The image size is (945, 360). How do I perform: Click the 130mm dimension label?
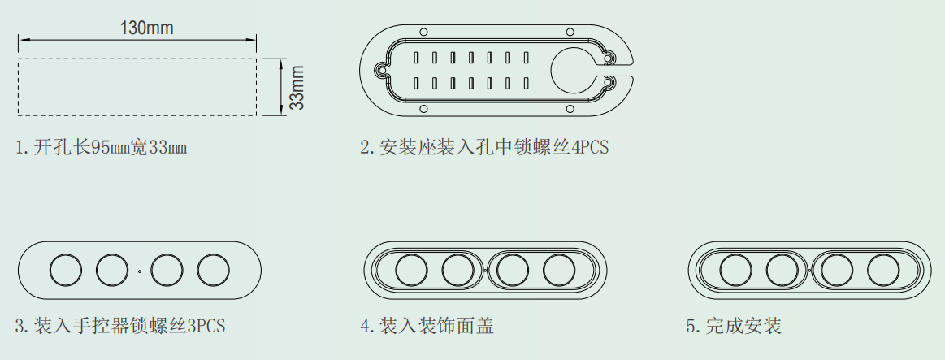pos(146,28)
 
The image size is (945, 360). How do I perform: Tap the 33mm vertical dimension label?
pos(297,87)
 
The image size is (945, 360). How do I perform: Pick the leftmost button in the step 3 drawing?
pos(66,270)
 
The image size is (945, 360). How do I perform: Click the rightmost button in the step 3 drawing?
pos(214,270)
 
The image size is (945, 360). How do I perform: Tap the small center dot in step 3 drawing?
pos(140,270)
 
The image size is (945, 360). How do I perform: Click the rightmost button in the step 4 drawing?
pos(559,269)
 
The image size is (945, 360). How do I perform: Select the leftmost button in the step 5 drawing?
pos(735,269)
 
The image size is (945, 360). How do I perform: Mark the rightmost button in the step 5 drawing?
pos(883,269)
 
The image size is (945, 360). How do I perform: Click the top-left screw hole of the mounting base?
pos(422,32)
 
